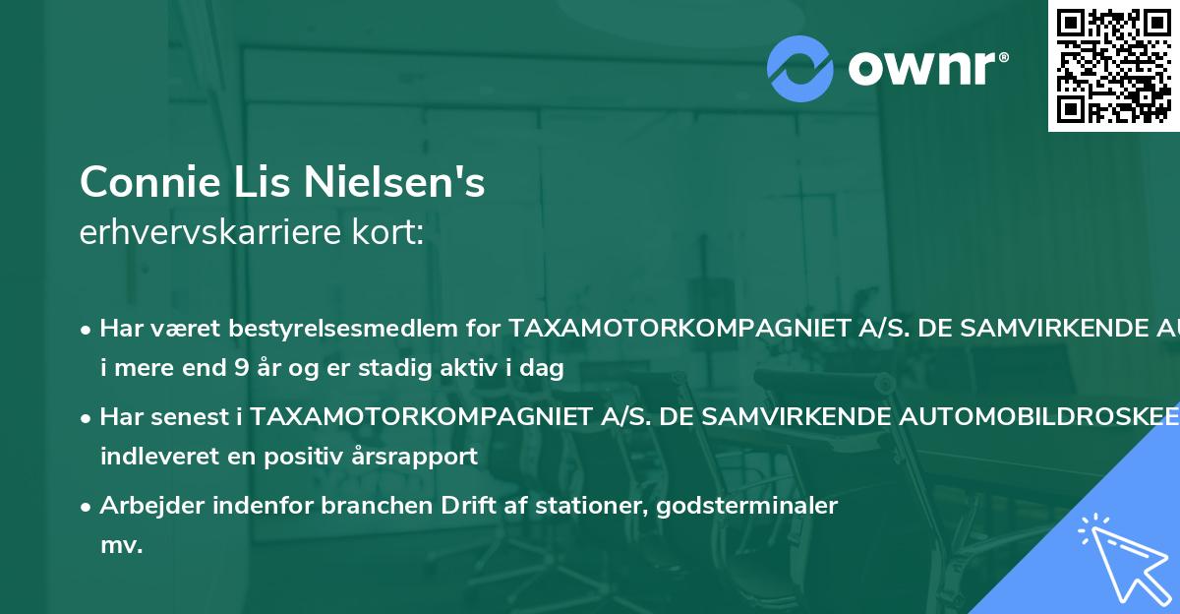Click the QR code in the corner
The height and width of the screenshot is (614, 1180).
coord(1113,65)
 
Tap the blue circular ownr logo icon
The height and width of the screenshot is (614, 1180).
coord(800,68)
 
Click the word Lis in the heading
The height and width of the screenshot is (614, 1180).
coord(263,182)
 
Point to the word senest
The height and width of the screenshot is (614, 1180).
coord(194,416)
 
